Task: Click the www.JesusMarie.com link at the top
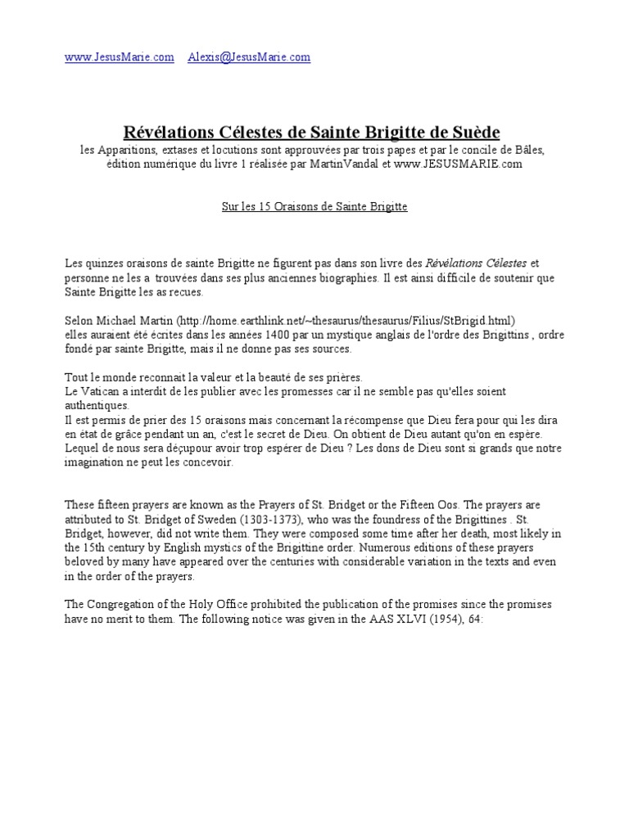120,57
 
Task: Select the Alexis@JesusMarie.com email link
249,57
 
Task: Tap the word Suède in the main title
472,132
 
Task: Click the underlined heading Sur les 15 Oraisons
314,207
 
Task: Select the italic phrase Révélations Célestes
477,264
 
